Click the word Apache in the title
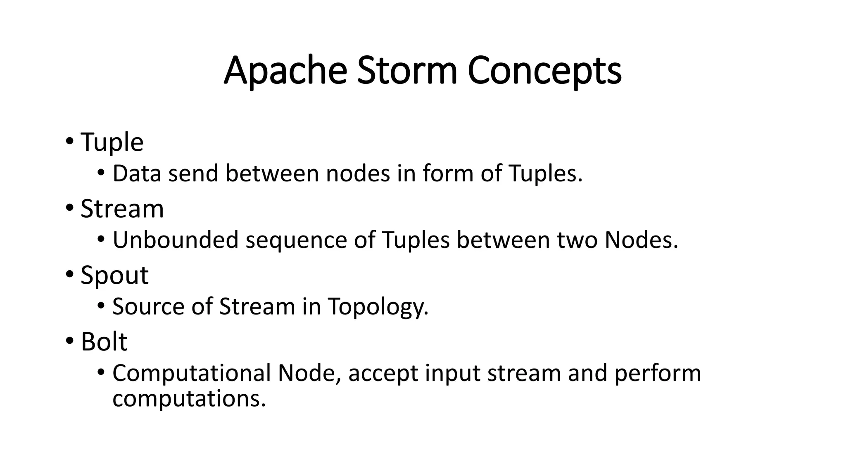coord(285,71)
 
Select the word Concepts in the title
coord(544,71)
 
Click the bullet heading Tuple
coord(112,143)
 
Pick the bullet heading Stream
coord(122,209)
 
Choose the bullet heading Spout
coord(114,276)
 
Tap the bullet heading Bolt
coord(104,342)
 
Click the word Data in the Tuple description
coord(136,174)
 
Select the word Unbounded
coord(176,240)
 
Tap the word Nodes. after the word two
coord(641,240)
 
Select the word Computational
coord(191,374)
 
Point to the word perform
coord(658,374)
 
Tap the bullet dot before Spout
coord(69,274)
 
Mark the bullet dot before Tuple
coord(69,141)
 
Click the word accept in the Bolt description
coord(383,374)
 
